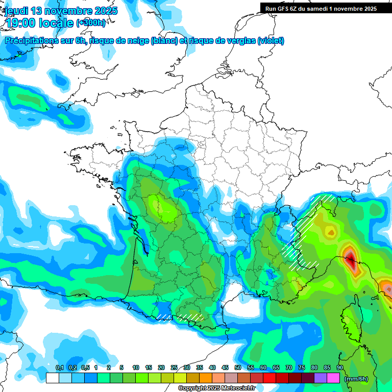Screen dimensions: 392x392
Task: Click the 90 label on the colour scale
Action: (x=340, y=368)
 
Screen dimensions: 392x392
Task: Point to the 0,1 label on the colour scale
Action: (x=59, y=368)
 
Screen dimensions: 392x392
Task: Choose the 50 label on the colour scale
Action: (x=238, y=368)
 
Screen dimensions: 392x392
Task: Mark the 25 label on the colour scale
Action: (x=174, y=368)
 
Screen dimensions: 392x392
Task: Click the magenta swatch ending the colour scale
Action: (x=333, y=378)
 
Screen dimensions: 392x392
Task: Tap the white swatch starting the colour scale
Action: (x=52, y=378)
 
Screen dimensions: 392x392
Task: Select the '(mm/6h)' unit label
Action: (x=356, y=379)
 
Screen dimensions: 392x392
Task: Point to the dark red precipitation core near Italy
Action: (x=351, y=258)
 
